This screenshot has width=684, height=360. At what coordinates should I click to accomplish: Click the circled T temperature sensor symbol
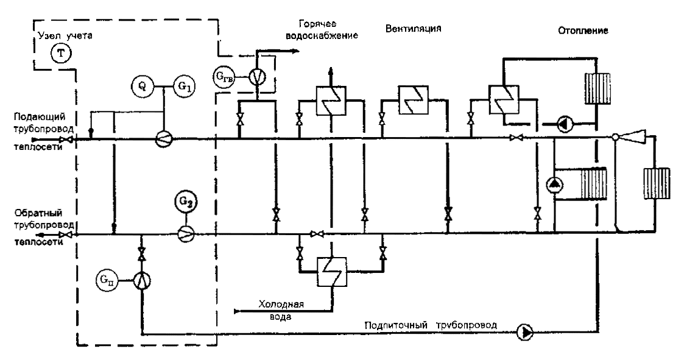pos(60,54)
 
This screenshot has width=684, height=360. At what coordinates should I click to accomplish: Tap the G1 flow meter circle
pos(185,86)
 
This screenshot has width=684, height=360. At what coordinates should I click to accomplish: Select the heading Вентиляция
pos(413,29)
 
